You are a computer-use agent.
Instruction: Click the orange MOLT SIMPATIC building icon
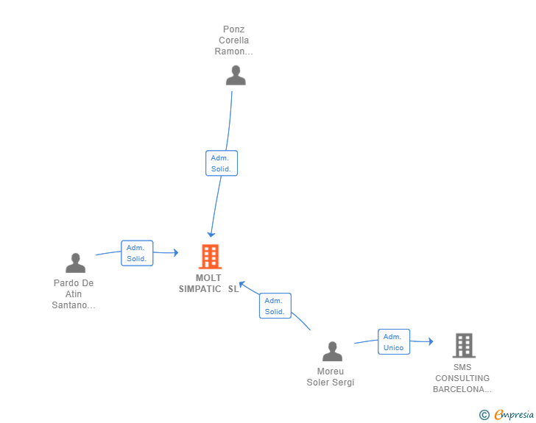211,257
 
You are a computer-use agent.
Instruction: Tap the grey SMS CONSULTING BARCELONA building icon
464,346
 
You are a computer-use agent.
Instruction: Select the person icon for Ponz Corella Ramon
236,75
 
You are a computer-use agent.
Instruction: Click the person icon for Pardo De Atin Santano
76,263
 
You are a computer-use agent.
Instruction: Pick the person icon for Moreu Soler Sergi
332,351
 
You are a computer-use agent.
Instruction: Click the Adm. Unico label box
394,341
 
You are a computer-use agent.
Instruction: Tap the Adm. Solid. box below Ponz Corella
222,163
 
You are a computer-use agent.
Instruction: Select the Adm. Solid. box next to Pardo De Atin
137,253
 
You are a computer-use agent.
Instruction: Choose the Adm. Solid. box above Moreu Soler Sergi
275,306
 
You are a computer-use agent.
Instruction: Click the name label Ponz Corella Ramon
234,40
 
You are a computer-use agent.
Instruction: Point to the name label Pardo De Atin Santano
74,294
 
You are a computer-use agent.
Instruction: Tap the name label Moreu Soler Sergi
330,377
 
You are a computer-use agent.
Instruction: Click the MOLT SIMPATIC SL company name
208,283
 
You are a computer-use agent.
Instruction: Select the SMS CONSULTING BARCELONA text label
462,378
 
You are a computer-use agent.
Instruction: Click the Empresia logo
514,414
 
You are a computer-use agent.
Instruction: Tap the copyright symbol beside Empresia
484,415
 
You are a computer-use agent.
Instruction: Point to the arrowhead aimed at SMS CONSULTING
431,341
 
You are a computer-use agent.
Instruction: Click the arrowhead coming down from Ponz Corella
211,235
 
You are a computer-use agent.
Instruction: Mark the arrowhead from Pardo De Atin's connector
176,253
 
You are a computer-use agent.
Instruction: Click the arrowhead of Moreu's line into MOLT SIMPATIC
241,284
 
